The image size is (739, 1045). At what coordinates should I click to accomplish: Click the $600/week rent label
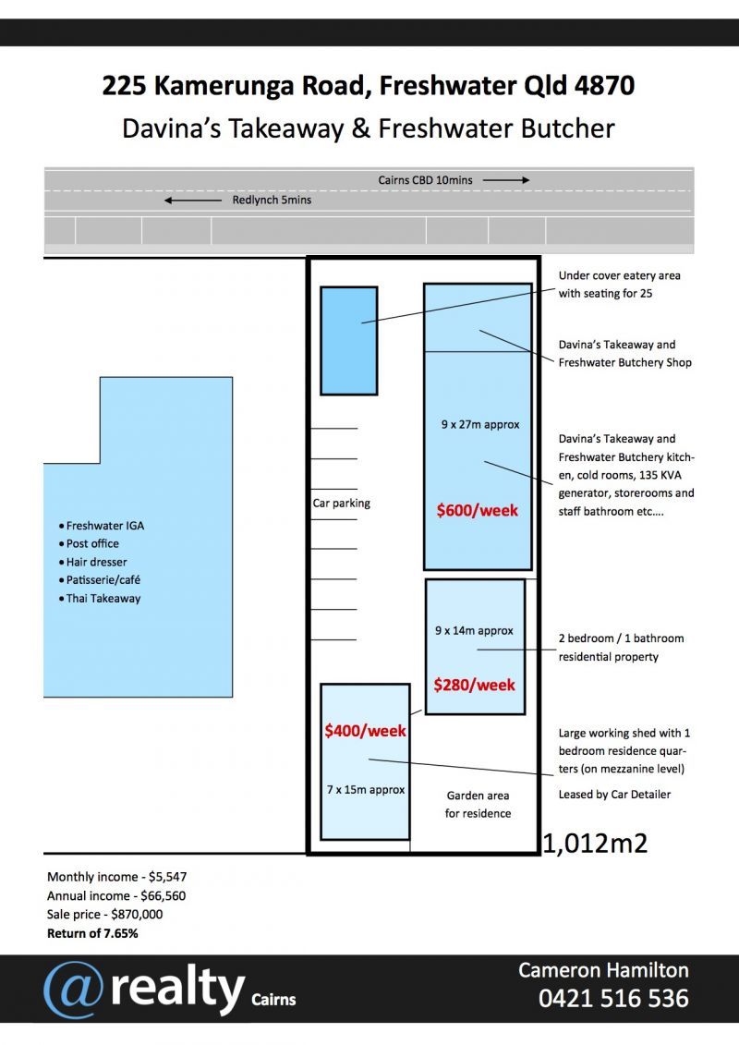tap(478, 510)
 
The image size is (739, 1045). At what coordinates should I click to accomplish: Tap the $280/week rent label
tap(475, 685)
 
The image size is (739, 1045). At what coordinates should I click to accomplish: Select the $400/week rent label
tap(365, 731)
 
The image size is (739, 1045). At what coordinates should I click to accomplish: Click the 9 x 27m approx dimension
tap(480, 425)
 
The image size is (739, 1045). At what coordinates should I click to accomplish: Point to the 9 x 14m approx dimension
tap(474, 631)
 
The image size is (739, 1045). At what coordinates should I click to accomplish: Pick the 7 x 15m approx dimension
tap(366, 790)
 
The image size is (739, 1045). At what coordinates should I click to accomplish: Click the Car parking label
tap(341, 504)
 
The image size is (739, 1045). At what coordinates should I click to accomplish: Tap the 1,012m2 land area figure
tap(595, 843)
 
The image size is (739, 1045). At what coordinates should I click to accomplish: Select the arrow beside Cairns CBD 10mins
tap(506, 180)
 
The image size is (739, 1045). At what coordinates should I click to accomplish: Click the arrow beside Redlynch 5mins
tap(193, 200)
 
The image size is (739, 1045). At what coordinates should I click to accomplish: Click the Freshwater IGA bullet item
tap(105, 526)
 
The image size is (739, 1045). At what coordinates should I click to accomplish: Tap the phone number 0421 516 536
tap(613, 999)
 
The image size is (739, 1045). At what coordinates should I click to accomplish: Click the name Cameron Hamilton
tap(603, 970)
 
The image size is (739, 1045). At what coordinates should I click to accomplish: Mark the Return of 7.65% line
tap(92, 933)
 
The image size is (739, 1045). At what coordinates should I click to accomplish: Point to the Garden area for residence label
tap(479, 805)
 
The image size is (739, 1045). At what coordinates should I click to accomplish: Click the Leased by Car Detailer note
tap(614, 795)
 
